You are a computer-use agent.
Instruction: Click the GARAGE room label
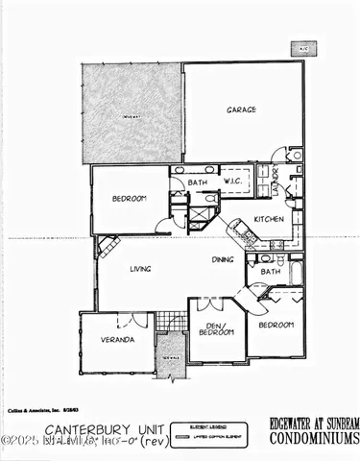point(241,110)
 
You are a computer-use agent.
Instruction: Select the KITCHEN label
point(269,219)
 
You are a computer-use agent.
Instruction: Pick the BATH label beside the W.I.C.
point(198,182)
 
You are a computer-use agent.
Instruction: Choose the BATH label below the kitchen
point(270,272)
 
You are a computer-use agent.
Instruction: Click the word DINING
point(224,259)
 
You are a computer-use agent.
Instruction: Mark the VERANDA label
point(117,339)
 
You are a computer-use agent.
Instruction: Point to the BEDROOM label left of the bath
point(128,199)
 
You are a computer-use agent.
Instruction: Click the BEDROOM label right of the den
point(276,326)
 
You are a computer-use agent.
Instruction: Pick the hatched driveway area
point(132,113)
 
